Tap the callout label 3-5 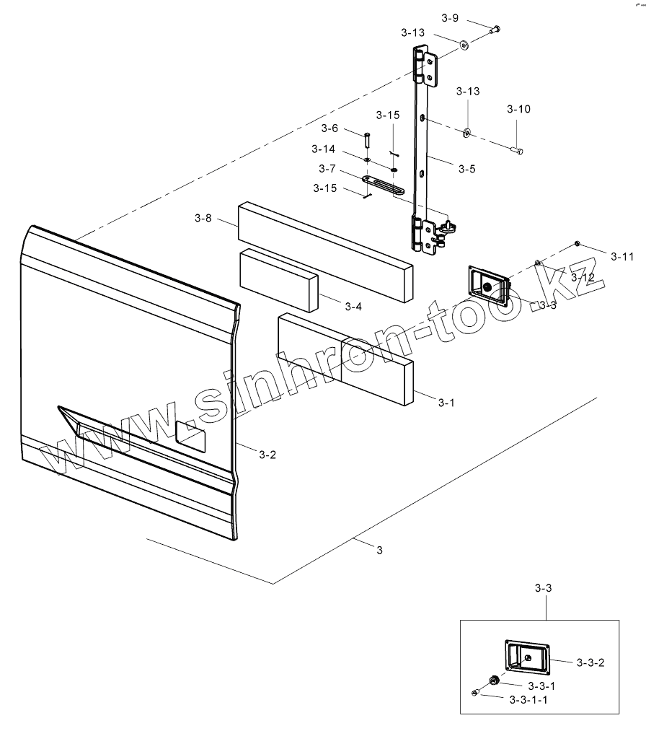466,169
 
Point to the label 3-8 203,218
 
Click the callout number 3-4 353,307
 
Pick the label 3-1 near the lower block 447,403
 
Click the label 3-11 622,256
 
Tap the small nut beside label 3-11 578,243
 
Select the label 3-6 329,128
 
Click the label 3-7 327,169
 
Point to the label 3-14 323,149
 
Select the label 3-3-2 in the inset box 590,662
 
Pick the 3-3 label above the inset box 544,589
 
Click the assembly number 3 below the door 380,550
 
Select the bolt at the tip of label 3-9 495,30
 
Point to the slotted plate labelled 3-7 383,185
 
